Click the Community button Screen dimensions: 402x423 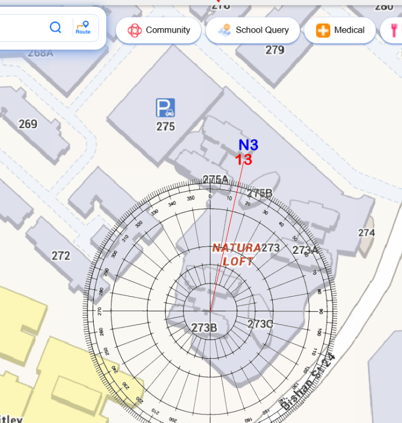click(159, 30)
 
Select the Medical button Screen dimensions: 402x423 click(340, 30)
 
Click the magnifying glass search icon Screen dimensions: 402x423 click(55, 27)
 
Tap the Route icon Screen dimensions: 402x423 click(83, 27)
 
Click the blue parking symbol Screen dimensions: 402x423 click(165, 107)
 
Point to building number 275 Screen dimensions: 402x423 click(165, 126)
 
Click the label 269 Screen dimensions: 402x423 click(28, 124)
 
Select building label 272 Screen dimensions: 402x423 click(61, 255)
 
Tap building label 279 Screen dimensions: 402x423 click(275, 50)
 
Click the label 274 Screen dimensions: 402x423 click(366, 232)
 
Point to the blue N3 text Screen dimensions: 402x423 click(248, 145)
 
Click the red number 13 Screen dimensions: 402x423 click(244, 160)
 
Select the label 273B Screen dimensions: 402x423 click(204, 328)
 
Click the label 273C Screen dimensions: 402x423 click(260, 324)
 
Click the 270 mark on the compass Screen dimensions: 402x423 click(100, 311)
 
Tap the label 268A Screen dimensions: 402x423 click(40, 52)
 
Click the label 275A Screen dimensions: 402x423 click(216, 179)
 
